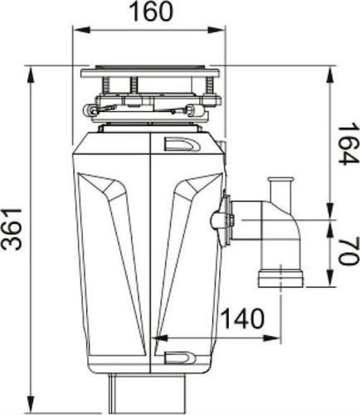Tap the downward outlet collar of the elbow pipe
tap(280, 276)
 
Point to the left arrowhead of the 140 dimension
tap(157, 338)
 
